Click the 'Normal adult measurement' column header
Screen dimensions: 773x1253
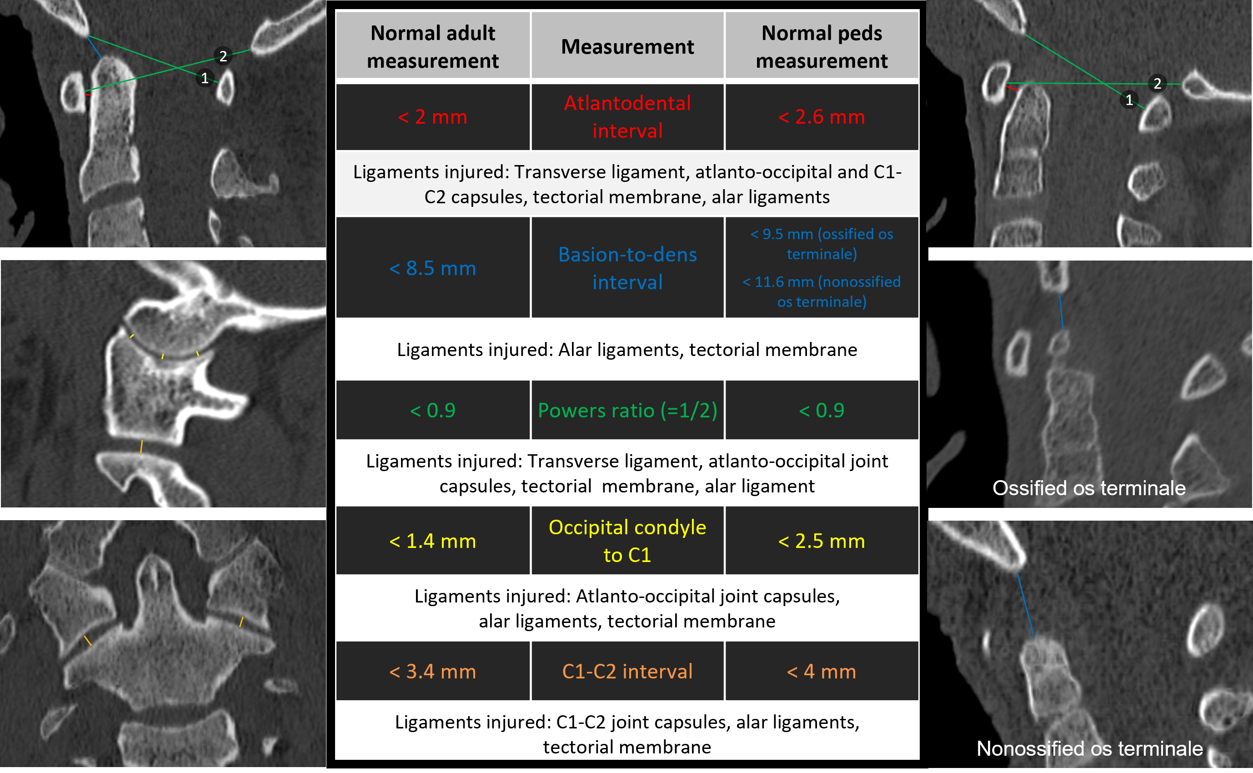[432, 46]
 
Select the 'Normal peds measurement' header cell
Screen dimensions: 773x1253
[821, 46]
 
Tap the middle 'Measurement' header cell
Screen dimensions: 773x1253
[627, 46]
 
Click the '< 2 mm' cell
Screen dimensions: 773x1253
[432, 116]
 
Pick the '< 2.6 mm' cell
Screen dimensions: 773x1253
[821, 116]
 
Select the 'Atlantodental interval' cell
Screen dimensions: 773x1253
[627, 116]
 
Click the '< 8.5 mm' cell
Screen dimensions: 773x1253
[432, 268]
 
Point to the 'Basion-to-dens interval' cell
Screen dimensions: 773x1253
[627, 268]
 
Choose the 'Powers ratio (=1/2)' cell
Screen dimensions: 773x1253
[627, 410]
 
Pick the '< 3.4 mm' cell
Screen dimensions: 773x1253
[432, 671]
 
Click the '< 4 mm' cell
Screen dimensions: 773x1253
[821, 671]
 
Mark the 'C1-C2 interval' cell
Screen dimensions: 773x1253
[627, 671]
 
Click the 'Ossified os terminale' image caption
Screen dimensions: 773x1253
[1088, 488]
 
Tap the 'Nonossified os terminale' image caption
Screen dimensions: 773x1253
[1089, 748]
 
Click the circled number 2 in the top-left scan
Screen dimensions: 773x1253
[223, 56]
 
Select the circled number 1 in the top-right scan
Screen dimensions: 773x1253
[1129, 100]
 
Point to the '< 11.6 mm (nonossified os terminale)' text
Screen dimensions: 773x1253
[821, 291]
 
